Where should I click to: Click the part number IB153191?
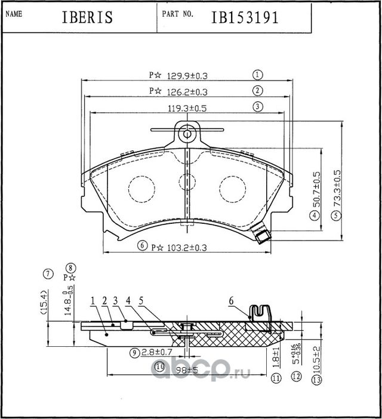click(245, 18)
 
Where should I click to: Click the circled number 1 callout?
click(258, 75)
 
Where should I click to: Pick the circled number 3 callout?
click(258, 107)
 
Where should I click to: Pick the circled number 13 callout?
click(316, 380)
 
